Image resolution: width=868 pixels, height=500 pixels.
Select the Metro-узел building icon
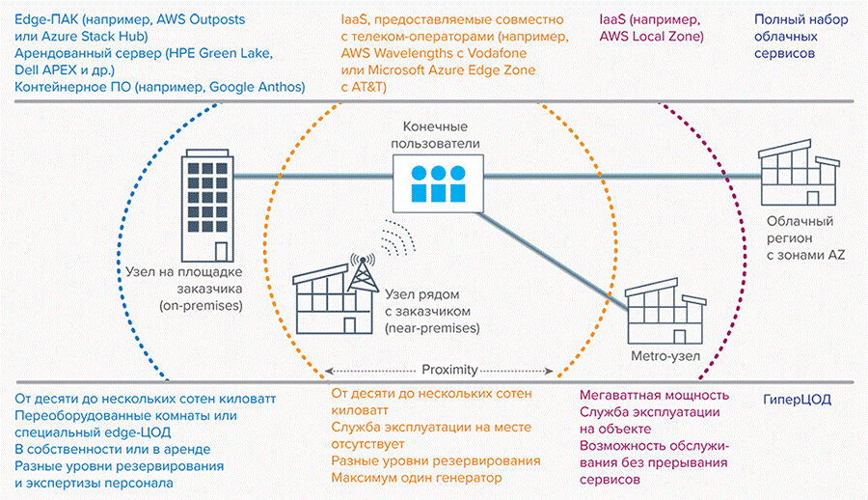(x=665, y=309)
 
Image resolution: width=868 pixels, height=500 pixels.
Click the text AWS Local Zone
(x=651, y=37)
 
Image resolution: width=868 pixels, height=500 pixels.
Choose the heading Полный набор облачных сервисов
(x=800, y=37)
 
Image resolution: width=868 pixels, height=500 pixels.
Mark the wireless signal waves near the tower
(x=396, y=237)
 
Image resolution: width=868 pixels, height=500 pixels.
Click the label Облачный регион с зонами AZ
(x=807, y=237)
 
